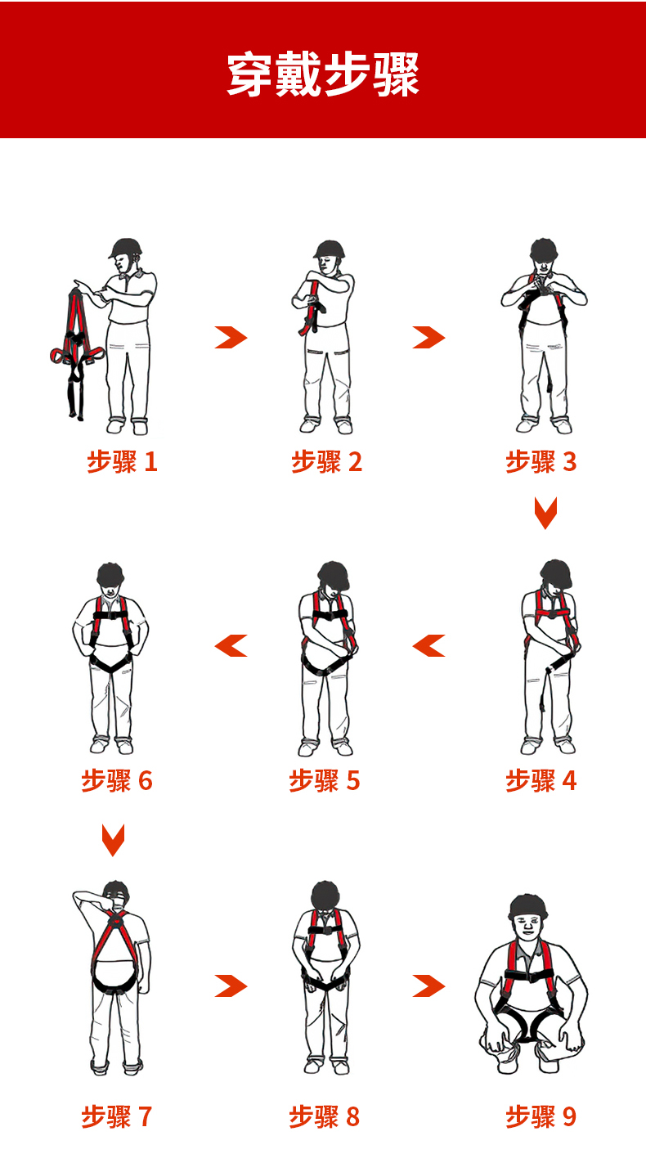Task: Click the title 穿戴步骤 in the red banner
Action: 323,74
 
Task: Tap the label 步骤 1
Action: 122,461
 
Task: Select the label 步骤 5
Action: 325,780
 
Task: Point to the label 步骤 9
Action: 541,1116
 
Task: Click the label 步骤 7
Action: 116,1116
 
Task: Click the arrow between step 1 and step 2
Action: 231,338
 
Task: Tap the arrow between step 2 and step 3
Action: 428,338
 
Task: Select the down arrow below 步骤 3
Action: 545,513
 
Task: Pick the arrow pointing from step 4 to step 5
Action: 428,645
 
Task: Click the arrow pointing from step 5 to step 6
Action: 231,645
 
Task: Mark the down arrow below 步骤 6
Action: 114,840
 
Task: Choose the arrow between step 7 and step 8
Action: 231,986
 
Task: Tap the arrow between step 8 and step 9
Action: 428,986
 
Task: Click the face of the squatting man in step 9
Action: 528,925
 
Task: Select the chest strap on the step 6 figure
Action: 110,615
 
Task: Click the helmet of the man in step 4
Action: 556,573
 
